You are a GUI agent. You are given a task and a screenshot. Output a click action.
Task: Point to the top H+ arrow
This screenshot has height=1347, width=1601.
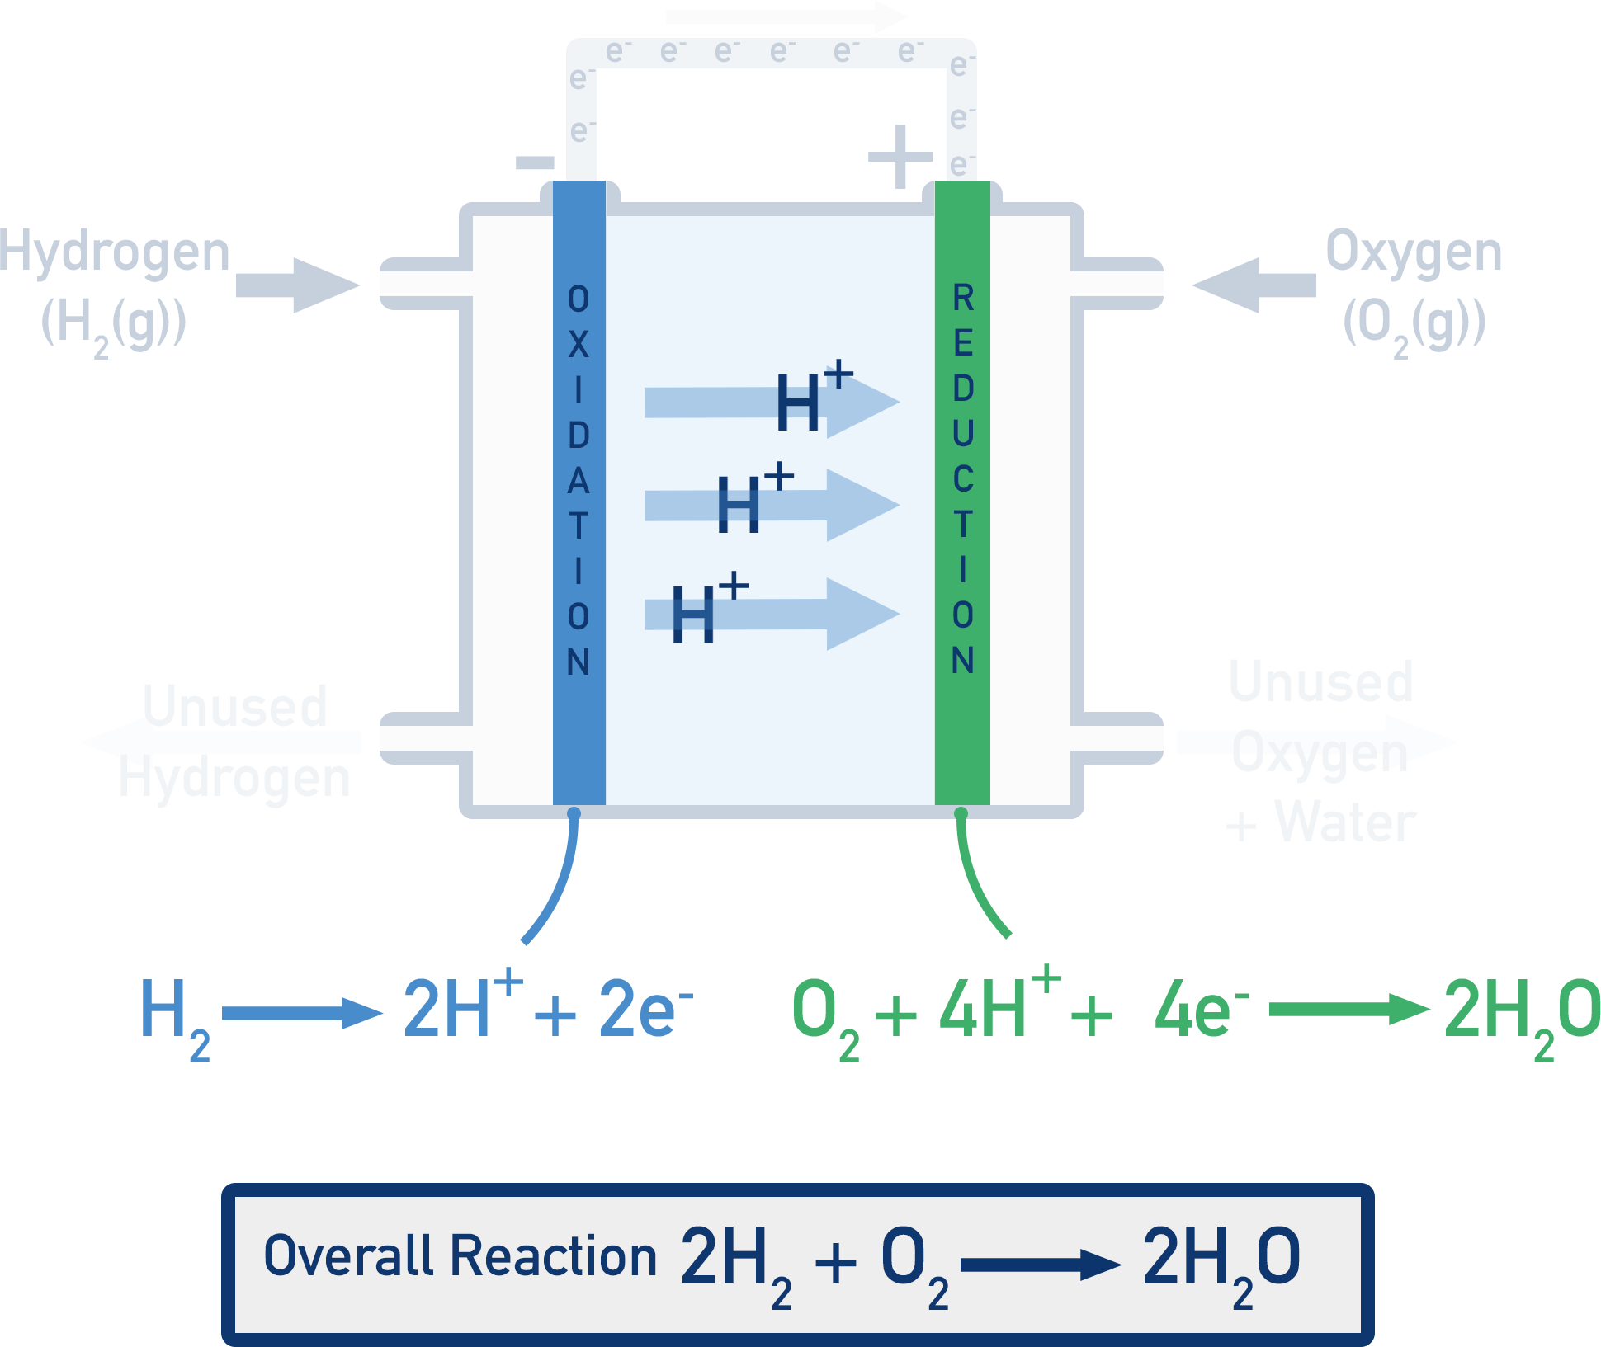point(772,402)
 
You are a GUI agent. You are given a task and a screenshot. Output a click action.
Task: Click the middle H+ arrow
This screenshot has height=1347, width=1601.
point(772,505)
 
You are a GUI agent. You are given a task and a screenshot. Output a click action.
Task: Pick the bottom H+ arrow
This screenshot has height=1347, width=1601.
point(772,614)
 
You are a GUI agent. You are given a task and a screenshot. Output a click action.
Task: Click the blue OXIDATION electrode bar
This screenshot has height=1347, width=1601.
point(579,495)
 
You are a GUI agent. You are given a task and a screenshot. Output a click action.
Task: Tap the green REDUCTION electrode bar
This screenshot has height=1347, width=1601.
point(962,495)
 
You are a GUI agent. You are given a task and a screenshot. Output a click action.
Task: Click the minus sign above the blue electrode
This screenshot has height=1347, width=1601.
point(535,162)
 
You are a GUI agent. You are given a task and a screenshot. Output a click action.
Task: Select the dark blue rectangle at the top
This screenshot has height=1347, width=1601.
point(771,107)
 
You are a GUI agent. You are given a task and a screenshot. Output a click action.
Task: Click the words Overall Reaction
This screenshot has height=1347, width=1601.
point(460,1256)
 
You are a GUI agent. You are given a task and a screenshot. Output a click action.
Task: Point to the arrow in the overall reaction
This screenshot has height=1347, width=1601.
point(1040,1264)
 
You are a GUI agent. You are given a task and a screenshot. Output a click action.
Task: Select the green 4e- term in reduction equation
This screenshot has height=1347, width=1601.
point(1201,1010)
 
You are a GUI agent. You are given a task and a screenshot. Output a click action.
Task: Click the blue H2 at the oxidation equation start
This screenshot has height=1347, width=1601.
point(173,1015)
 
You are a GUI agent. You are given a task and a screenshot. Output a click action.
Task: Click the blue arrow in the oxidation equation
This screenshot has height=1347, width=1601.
point(303,1013)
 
